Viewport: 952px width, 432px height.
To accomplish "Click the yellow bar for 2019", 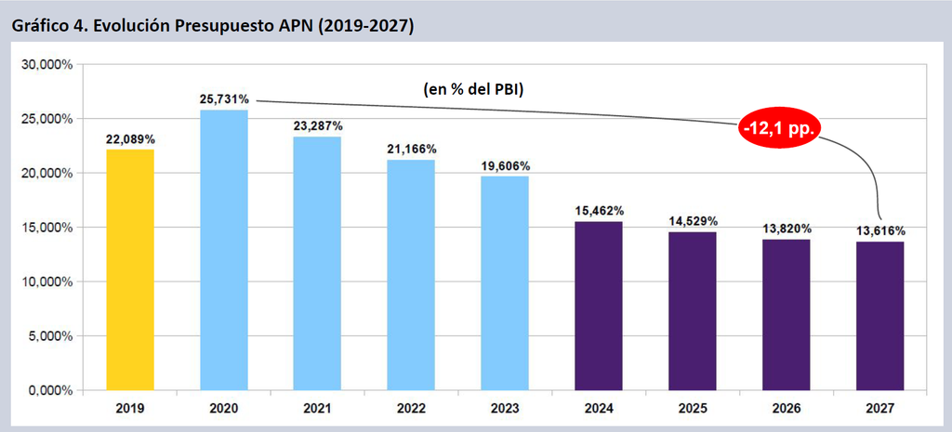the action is click(x=130, y=270).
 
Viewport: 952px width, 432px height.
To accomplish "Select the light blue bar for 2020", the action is click(x=224, y=250).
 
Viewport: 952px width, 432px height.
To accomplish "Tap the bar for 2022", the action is click(x=411, y=275).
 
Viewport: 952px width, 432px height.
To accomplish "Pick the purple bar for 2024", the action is click(x=598, y=306).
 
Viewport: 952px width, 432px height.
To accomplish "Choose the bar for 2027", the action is click(x=879, y=316).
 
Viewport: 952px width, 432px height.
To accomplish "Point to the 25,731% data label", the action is click(x=224, y=99).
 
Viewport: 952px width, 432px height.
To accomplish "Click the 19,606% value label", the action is click(x=505, y=165).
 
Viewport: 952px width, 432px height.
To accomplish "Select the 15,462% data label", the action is click(x=599, y=211).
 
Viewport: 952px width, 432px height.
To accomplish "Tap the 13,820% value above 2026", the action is click(x=787, y=229).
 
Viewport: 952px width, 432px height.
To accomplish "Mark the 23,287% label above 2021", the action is click(x=318, y=126).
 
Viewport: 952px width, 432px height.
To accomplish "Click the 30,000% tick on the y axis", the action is click(x=47, y=64).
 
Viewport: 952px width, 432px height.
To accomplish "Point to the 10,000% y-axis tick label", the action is click(x=47, y=282).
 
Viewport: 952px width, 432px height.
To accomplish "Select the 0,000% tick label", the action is click(x=50, y=391).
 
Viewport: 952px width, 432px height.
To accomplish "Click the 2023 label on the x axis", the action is click(x=505, y=409).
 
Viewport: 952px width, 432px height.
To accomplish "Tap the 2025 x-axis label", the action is click(x=692, y=409).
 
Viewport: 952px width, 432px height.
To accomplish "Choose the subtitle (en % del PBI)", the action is click(x=473, y=89).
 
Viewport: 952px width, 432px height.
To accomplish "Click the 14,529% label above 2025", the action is click(x=692, y=221).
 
